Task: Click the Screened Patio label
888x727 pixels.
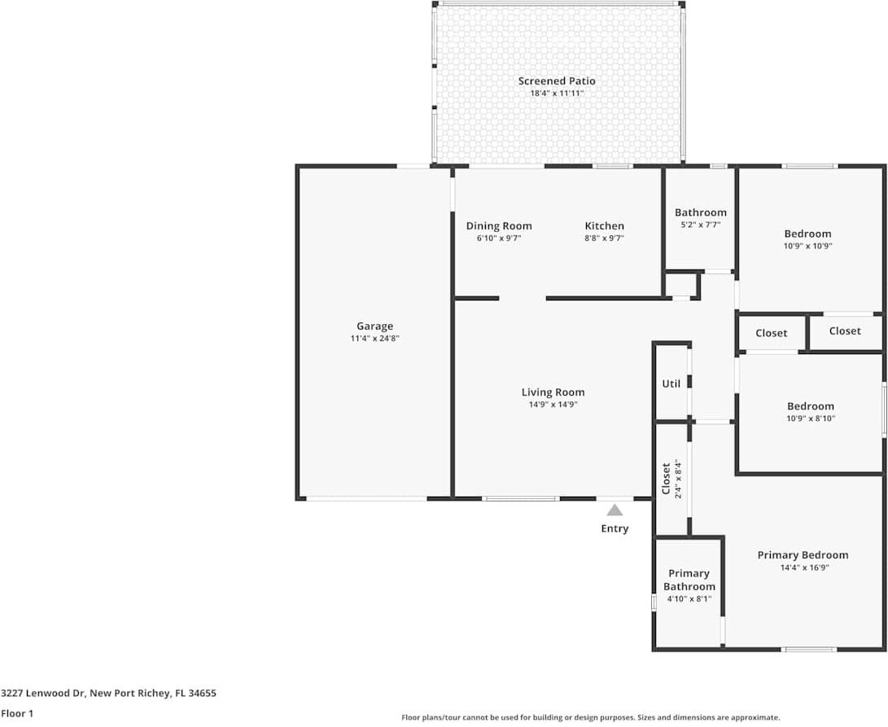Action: (x=557, y=81)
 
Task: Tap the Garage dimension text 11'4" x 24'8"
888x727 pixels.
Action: (x=375, y=339)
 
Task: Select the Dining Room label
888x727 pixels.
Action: (x=499, y=226)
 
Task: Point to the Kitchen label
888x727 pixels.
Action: (x=604, y=226)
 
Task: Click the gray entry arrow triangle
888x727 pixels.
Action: (x=615, y=510)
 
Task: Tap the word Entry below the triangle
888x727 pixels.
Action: (x=615, y=528)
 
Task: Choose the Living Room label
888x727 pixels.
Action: (x=553, y=392)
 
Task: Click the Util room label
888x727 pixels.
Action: (x=671, y=383)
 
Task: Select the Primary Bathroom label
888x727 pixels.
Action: (x=689, y=580)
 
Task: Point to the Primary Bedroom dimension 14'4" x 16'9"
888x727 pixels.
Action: (x=804, y=567)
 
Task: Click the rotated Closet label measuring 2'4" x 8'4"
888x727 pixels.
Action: (x=667, y=479)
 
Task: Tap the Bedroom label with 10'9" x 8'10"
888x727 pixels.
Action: (x=811, y=406)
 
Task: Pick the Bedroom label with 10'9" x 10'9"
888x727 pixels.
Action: (x=807, y=234)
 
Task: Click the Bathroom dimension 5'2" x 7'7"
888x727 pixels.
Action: (x=701, y=225)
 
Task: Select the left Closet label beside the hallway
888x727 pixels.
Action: (x=772, y=333)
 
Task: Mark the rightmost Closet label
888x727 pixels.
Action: (x=845, y=331)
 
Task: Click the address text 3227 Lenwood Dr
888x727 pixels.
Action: (x=43, y=693)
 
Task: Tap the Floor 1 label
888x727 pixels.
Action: (x=17, y=713)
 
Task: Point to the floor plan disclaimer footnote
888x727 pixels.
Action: (x=591, y=717)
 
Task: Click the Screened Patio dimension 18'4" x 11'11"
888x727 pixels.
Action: (x=557, y=94)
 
